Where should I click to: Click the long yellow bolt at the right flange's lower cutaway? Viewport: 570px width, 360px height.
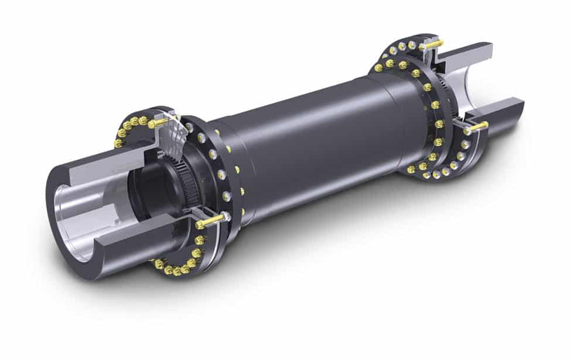coord(476,126)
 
